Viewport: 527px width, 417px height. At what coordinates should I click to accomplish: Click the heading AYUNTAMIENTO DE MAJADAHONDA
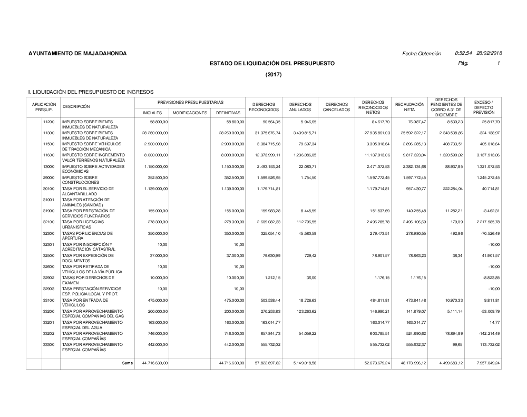click(77, 54)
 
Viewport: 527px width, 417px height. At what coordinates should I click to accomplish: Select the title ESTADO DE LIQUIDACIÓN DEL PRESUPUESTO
click(272, 64)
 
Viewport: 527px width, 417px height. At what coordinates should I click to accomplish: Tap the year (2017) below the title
click(273, 74)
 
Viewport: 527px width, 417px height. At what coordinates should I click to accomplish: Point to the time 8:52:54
click(464, 54)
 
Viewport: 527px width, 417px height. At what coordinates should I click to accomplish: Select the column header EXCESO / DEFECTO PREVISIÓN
click(483, 107)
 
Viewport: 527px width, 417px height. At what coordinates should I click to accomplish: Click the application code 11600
click(49, 155)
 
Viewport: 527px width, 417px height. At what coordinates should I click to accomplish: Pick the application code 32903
click(49, 289)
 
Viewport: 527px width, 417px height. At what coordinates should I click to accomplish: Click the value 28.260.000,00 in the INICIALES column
click(155, 133)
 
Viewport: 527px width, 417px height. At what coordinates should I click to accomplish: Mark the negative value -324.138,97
click(486, 133)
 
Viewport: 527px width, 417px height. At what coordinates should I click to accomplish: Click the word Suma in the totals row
click(128, 363)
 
